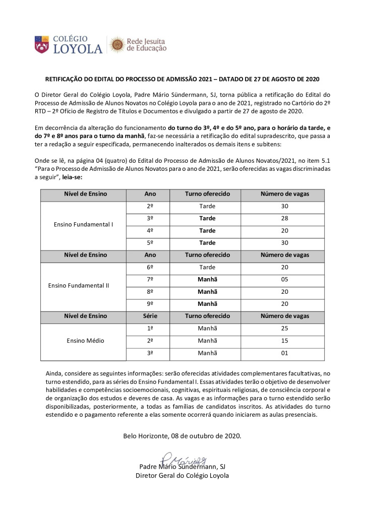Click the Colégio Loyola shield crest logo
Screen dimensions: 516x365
pyautogui.click(x=42, y=45)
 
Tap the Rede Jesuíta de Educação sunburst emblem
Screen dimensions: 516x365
pyautogui.click(x=117, y=45)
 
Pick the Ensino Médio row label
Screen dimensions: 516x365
pyautogui.click(x=85, y=341)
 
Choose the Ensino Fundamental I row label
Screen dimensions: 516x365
pyautogui.click(x=83, y=224)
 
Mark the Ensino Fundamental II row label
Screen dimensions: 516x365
pyautogui.click(x=79, y=285)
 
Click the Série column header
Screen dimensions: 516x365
pyautogui.click(x=150, y=316)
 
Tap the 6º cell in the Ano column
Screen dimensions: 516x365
pyautogui.click(x=150, y=267)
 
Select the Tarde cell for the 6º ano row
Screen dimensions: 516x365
pyautogui.click(x=207, y=267)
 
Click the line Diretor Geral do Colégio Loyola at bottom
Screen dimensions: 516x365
pyautogui.click(x=182, y=475)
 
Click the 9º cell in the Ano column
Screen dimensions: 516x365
pyautogui.click(x=150, y=304)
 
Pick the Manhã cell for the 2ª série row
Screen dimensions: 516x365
pyautogui.click(x=207, y=341)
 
